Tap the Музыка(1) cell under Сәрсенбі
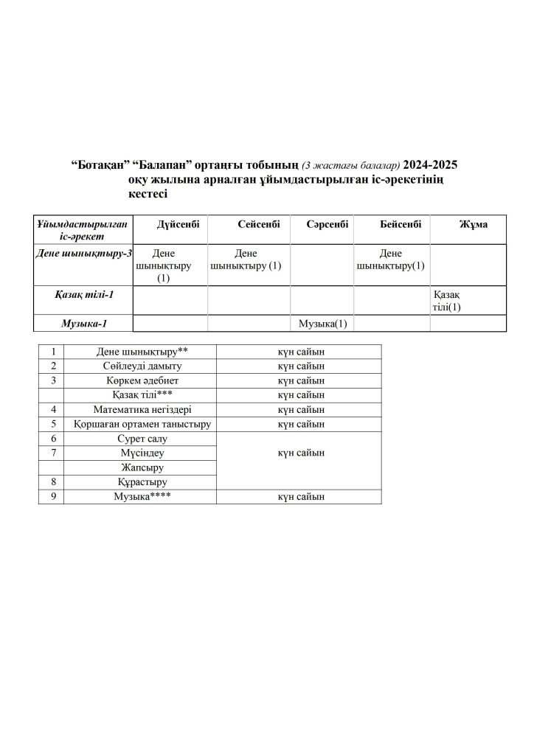click(x=322, y=324)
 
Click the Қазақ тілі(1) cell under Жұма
click(x=447, y=301)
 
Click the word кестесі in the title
click(x=148, y=194)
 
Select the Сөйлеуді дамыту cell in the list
click(x=139, y=366)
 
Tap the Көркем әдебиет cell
click(x=139, y=380)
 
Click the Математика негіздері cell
click(x=139, y=409)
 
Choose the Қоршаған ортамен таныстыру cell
click(x=139, y=424)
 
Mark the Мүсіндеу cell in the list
click(x=139, y=453)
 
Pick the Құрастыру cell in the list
click(x=139, y=481)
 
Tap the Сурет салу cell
click(x=139, y=438)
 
